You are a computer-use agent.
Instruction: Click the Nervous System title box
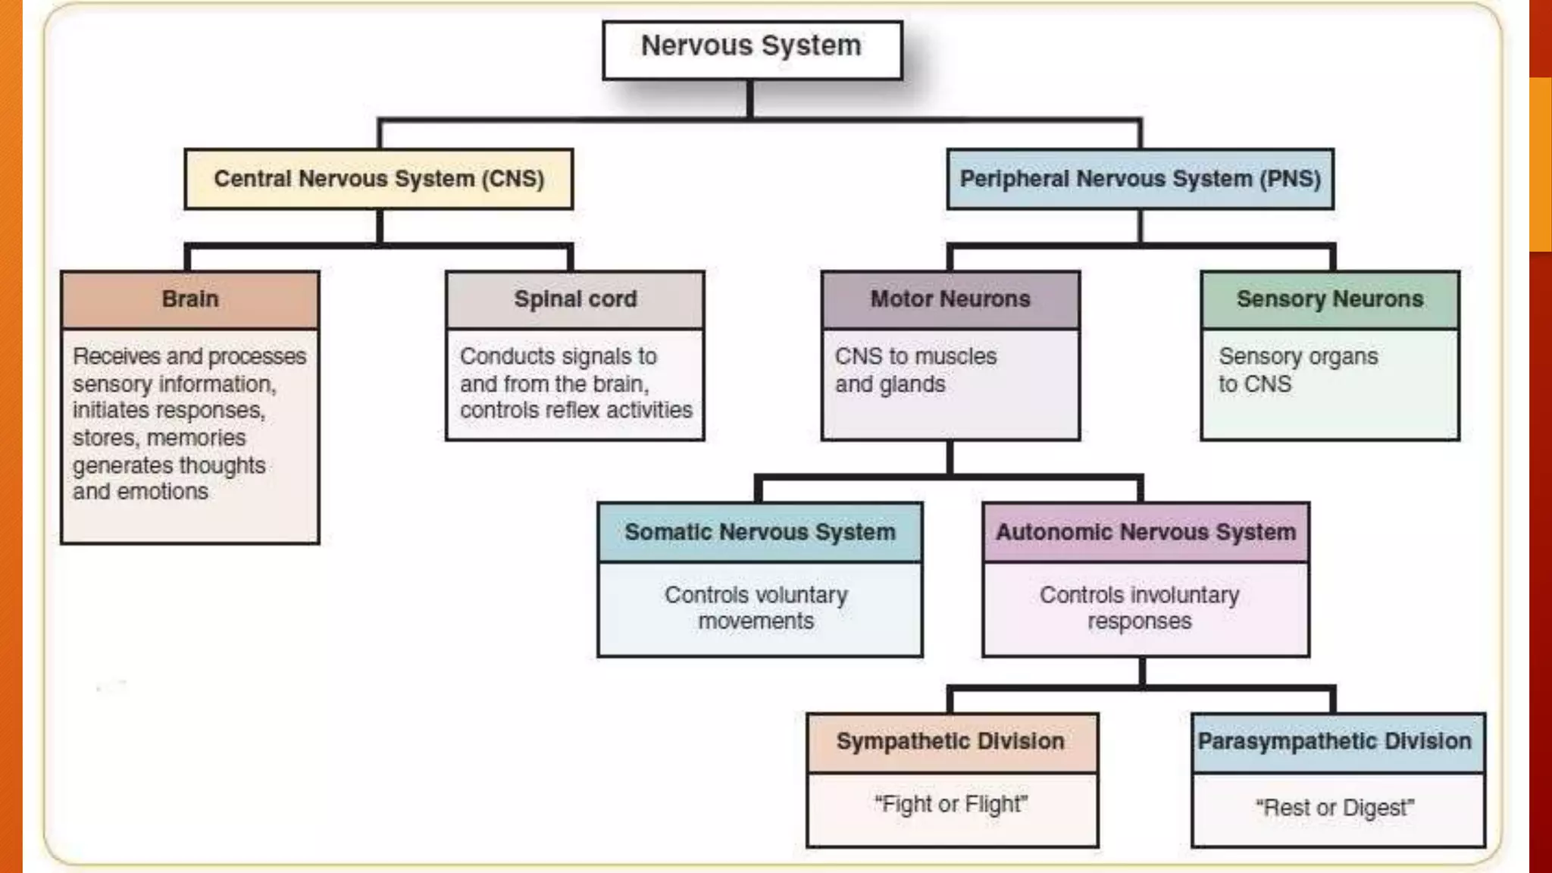coord(752,48)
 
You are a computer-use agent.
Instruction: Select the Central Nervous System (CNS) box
coord(379,179)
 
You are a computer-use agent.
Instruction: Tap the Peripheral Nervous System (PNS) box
coord(1140,179)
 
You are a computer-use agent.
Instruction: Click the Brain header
coord(189,299)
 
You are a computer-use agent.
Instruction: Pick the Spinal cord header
coord(575,299)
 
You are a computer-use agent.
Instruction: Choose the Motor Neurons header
coord(950,299)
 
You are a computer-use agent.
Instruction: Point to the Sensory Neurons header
coord(1330,299)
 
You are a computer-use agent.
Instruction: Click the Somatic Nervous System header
coord(760,532)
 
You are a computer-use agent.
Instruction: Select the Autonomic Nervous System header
coord(1146,532)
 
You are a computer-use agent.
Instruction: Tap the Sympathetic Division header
coord(951,741)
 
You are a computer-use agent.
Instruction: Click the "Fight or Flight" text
coord(951,804)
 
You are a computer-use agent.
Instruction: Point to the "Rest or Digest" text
coord(1335,808)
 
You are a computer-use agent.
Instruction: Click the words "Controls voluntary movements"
coord(756,608)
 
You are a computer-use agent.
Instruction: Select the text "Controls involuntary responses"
coord(1139,608)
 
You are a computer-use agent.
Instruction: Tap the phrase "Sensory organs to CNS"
coord(1297,370)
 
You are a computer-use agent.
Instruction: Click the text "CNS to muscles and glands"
coord(915,370)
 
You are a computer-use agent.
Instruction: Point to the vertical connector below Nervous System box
coord(750,99)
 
